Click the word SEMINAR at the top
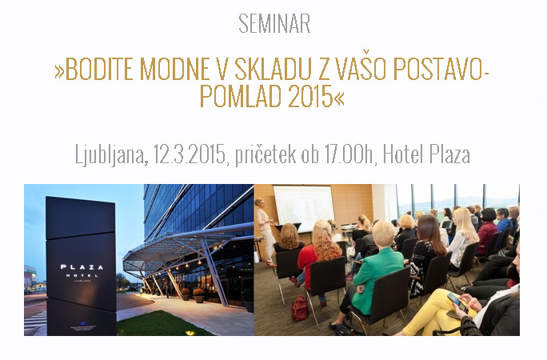[x=274, y=24]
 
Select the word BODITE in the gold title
[x=99, y=69]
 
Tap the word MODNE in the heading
[x=175, y=69]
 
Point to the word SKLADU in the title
[x=273, y=69]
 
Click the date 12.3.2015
[x=190, y=154]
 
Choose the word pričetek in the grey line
[x=266, y=154]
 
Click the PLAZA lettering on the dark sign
[x=82, y=267]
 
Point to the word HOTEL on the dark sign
[x=82, y=275]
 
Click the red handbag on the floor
[x=299, y=308]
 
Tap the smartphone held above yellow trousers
[x=457, y=302]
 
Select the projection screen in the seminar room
[x=303, y=208]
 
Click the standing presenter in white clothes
[x=265, y=232]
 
